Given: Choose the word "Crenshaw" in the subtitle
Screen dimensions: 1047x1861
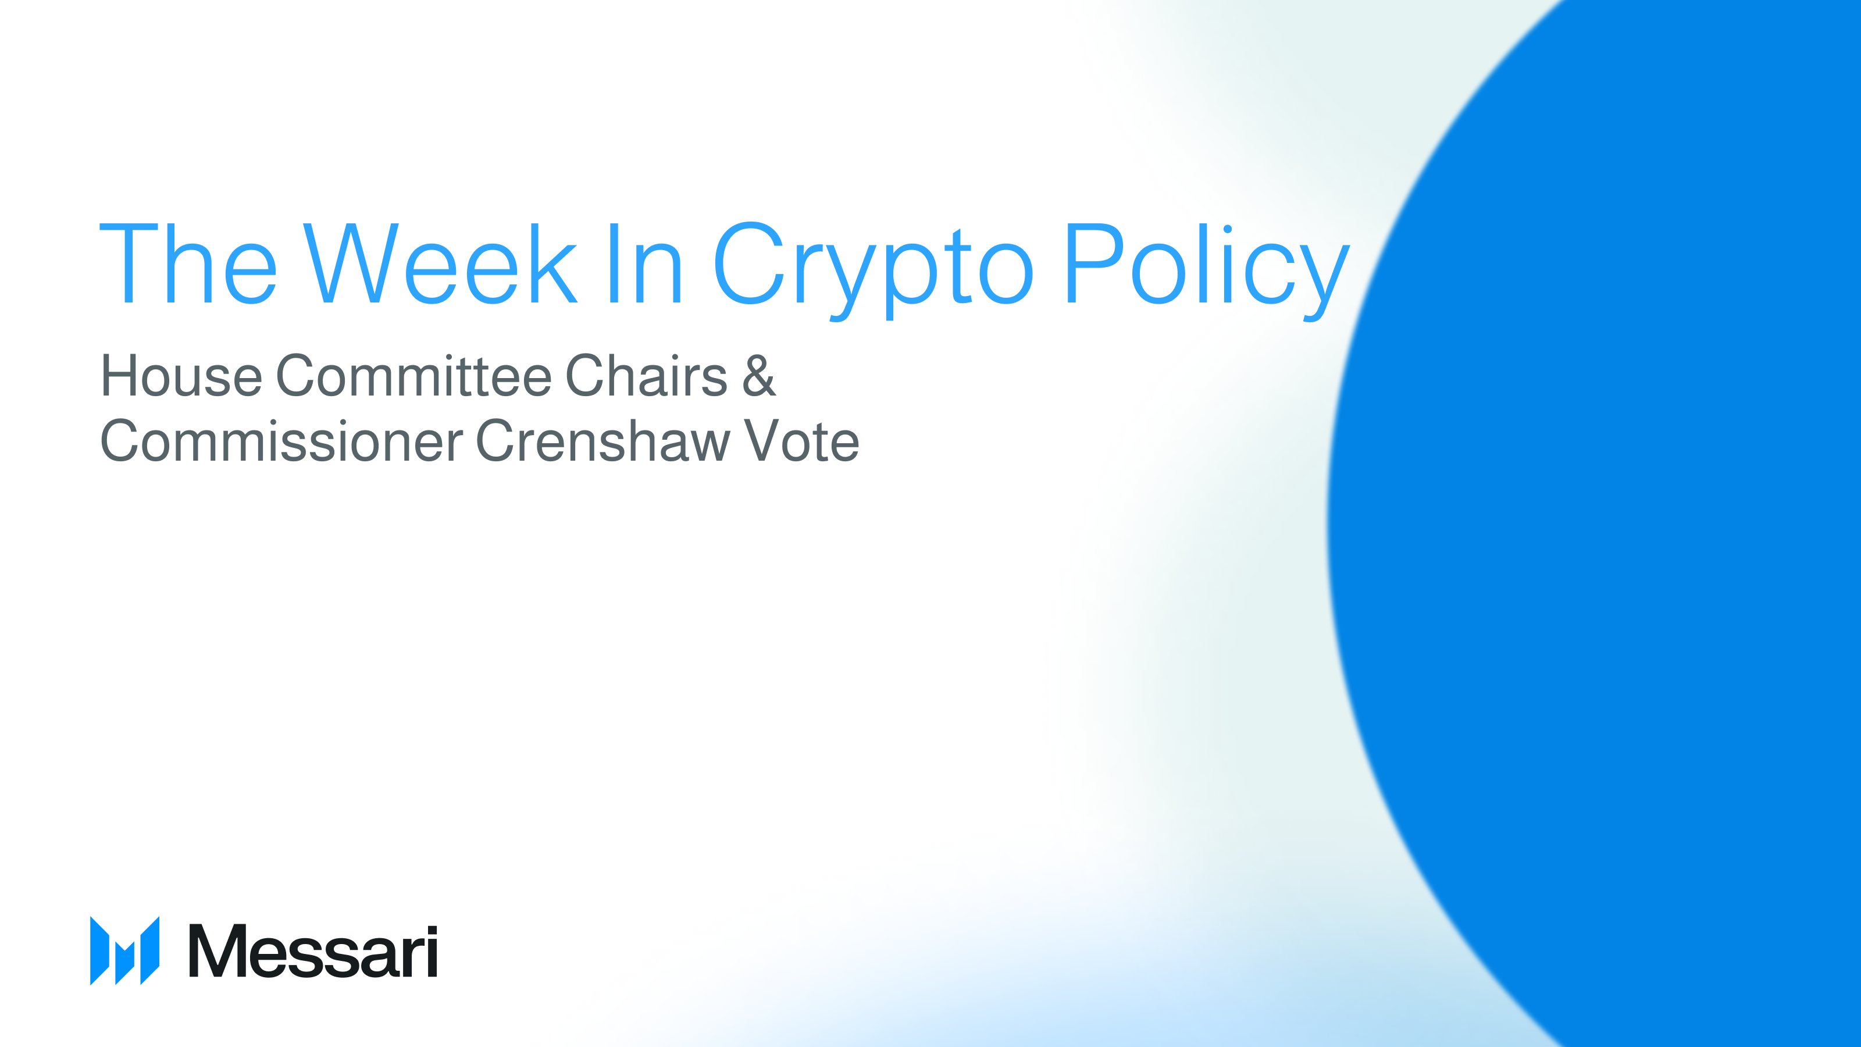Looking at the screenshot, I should click(x=603, y=441).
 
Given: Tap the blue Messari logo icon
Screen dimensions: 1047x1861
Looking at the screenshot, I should click(x=124, y=950).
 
